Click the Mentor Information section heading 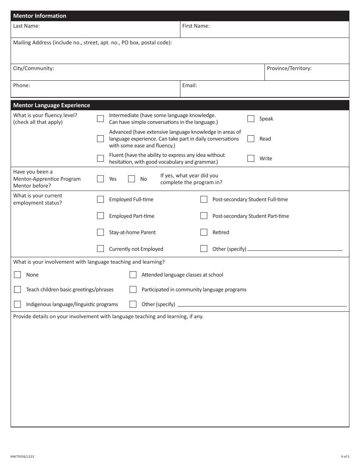click(40, 16)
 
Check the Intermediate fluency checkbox click(100, 119)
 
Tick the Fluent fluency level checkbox click(100, 158)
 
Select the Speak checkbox click(251, 119)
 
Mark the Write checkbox click(251, 158)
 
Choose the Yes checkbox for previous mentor click(100, 179)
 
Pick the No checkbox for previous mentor click(131, 179)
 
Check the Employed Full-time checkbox click(100, 199)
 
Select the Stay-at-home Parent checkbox click(100, 232)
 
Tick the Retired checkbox click(204, 232)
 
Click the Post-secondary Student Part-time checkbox click(204, 216)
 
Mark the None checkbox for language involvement click(17, 275)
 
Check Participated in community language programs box click(133, 289)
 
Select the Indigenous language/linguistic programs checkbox click(17, 304)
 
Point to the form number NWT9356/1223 click(22, 457)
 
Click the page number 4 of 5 click(345, 457)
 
